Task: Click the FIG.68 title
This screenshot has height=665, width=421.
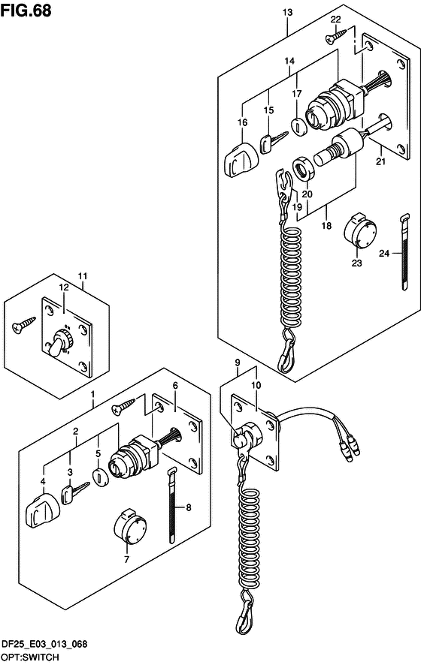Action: pyautogui.click(x=26, y=11)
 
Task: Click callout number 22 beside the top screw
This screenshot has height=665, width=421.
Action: pyautogui.click(x=335, y=20)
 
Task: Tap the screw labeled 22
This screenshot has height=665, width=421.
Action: pyautogui.click(x=336, y=36)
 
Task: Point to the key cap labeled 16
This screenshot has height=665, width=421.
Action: pyautogui.click(x=239, y=161)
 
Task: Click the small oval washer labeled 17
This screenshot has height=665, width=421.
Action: pyautogui.click(x=298, y=126)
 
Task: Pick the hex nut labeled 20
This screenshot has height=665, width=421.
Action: pyautogui.click(x=303, y=168)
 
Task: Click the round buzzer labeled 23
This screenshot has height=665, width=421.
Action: pyautogui.click(x=359, y=232)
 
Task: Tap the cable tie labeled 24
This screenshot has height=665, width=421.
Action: pyautogui.click(x=404, y=252)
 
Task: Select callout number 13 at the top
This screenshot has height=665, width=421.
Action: pyautogui.click(x=288, y=12)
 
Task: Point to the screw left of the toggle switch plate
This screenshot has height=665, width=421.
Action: pyautogui.click(x=24, y=325)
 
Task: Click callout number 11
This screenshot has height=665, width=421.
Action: pyautogui.click(x=83, y=276)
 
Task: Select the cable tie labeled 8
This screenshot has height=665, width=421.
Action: pyautogui.click(x=171, y=505)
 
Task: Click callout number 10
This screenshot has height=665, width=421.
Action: pyautogui.click(x=256, y=385)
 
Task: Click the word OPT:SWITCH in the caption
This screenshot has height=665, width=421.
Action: pyautogui.click(x=30, y=657)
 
